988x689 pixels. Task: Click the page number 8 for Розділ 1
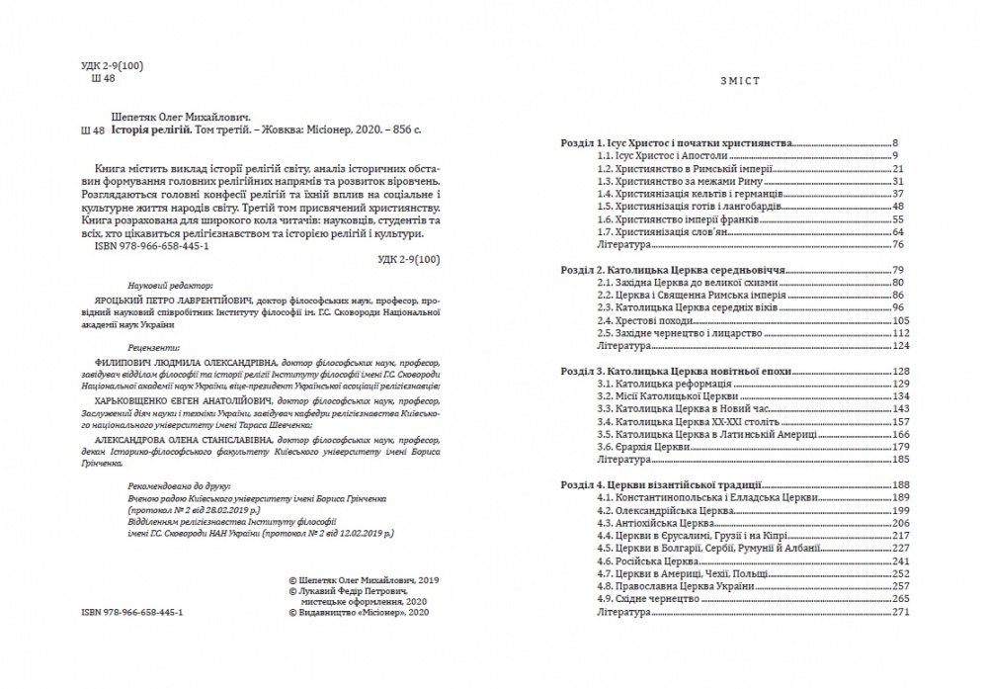point(893,143)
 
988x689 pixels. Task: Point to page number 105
point(900,320)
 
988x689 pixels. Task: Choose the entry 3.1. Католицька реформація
point(661,383)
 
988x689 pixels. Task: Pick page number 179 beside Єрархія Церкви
point(900,447)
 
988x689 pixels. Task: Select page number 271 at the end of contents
point(900,612)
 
